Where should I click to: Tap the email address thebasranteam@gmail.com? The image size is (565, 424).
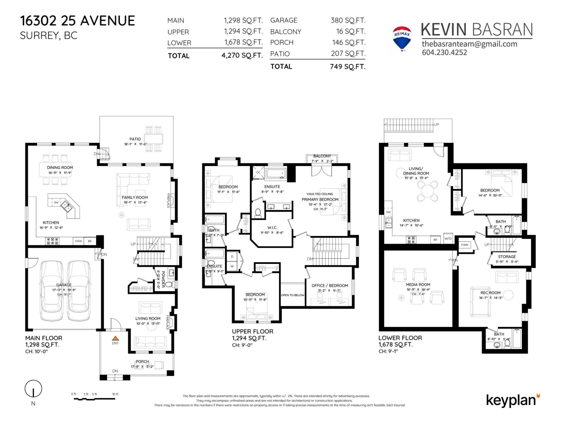469,44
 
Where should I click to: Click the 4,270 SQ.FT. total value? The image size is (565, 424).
242,55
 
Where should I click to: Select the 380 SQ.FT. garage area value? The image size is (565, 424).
348,20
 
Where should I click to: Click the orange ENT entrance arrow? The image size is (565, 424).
115,338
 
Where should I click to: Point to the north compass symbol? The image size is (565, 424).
33,389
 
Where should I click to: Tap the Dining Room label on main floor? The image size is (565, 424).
60,167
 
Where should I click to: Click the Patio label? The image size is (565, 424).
135,139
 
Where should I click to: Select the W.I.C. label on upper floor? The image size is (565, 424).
272,228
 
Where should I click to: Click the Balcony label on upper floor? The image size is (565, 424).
322,156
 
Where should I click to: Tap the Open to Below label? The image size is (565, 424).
292,295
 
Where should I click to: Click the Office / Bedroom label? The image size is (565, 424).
329,285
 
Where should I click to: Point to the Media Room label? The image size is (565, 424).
418,284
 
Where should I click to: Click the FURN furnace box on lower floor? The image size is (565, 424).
465,245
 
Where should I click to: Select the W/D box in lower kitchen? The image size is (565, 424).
448,238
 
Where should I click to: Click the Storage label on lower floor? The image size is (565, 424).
507,257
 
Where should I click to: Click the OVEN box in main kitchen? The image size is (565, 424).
78,241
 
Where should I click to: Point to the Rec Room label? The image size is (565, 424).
490,293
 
